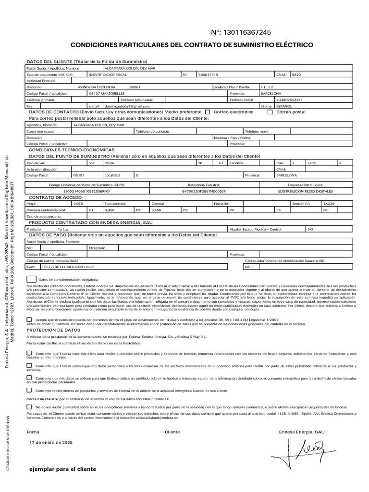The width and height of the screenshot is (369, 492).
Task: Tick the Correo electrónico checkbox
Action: (x=208, y=112)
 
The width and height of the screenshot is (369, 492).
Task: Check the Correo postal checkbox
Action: (x=270, y=112)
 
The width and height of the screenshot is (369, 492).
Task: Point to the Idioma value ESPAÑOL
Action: (x=283, y=106)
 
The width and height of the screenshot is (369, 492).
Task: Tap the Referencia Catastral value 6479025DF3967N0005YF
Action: (x=204, y=191)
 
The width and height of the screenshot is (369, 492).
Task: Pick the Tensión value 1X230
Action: (x=330, y=204)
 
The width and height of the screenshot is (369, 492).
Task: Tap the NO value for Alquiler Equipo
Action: (x=310, y=230)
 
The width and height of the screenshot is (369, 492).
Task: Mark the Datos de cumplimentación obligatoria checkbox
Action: (x=31, y=279)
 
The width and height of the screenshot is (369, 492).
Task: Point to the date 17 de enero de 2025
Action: (x=51, y=442)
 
